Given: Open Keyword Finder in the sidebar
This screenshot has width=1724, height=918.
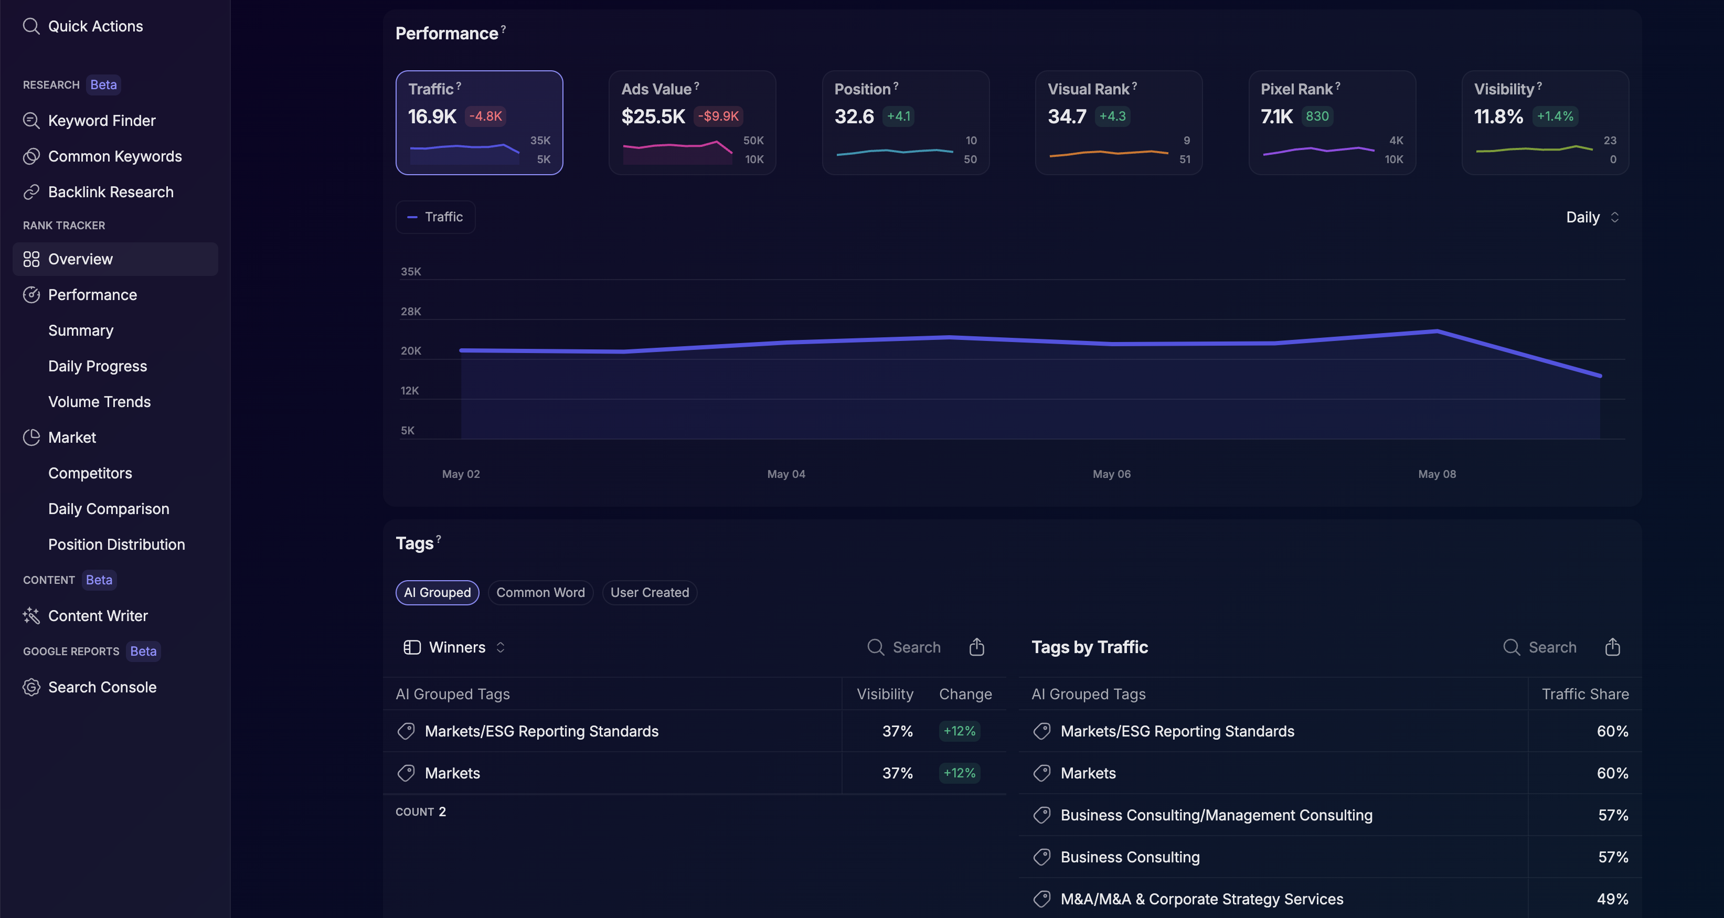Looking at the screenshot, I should (101, 121).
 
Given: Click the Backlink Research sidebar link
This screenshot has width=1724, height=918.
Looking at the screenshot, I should (110, 192).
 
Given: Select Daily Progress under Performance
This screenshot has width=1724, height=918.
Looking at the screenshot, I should (97, 366).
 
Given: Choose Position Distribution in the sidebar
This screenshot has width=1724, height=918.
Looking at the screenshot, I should (116, 545).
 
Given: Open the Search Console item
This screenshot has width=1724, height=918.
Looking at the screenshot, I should (102, 687).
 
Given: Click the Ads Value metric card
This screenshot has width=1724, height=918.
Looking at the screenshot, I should (692, 122).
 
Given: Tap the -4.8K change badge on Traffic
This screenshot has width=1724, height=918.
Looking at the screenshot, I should (485, 116).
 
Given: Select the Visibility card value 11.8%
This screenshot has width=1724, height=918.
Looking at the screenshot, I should (1498, 117).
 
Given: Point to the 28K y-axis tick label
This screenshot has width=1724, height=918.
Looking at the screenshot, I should (410, 311).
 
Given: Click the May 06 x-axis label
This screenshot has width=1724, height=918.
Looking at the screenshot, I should (1111, 474).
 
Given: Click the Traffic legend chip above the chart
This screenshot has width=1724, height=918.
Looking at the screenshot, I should (435, 217).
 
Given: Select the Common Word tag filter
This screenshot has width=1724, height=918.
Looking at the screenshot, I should (540, 593).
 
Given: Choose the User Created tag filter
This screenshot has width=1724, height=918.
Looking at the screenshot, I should (649, 593).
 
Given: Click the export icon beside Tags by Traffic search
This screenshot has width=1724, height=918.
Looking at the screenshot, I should (1612, 647).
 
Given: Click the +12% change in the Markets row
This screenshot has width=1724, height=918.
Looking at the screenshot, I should (959, 773).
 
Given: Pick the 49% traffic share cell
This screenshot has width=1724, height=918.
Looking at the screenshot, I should (1612, 899).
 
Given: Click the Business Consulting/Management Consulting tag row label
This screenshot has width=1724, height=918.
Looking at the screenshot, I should (1216, 815).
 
